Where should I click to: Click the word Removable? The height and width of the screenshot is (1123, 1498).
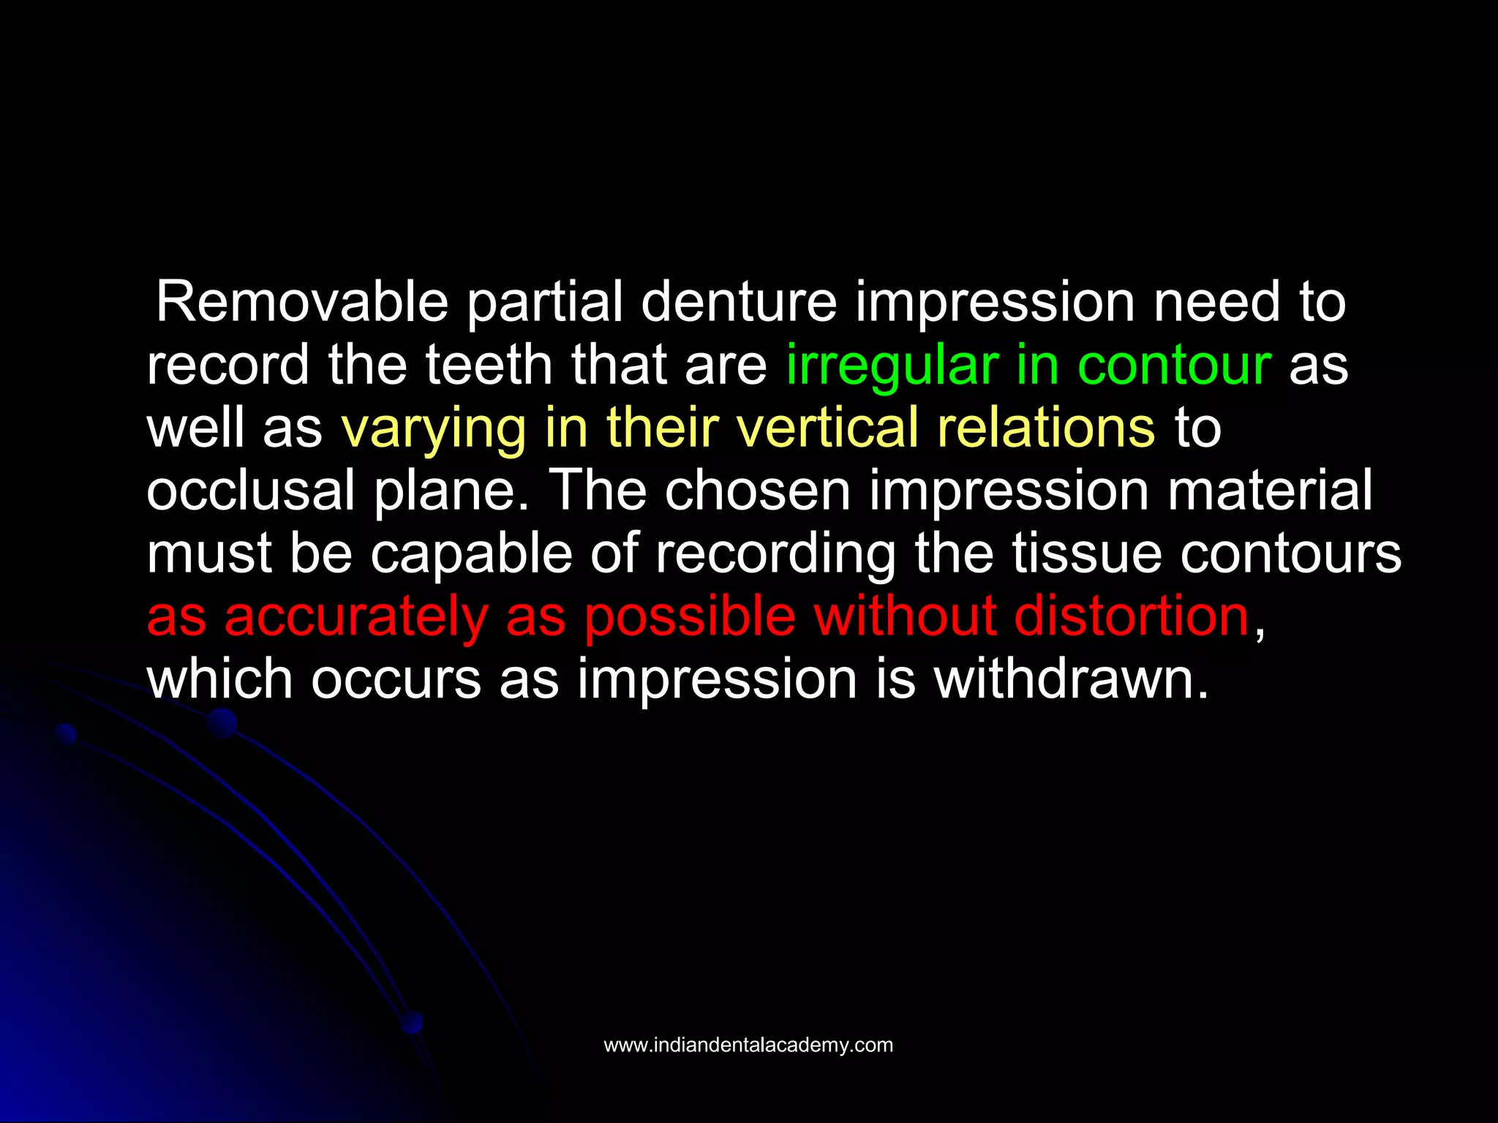[302, 302]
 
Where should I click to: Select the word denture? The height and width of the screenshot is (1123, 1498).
[739, 302]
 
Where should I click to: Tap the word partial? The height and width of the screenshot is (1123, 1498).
[545, 302]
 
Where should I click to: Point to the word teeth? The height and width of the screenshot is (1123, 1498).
[489, 365]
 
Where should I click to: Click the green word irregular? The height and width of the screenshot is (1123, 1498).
[892, 365]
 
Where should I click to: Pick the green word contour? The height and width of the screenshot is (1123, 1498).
[1174, 365]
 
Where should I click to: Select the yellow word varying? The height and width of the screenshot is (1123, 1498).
[433, 429]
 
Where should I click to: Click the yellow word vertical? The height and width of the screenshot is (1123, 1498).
[827, 428]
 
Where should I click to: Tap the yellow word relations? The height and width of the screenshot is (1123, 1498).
[1047, 428]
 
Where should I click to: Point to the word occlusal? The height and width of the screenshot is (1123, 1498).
[250, 491]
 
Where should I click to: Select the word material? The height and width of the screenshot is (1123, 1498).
[1270, 491]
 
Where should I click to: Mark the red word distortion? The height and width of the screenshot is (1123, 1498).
[1132, 616]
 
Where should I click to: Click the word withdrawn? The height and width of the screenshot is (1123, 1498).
[1071, 679]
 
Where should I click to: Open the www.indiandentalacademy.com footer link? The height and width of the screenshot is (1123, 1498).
[748, 1045]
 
